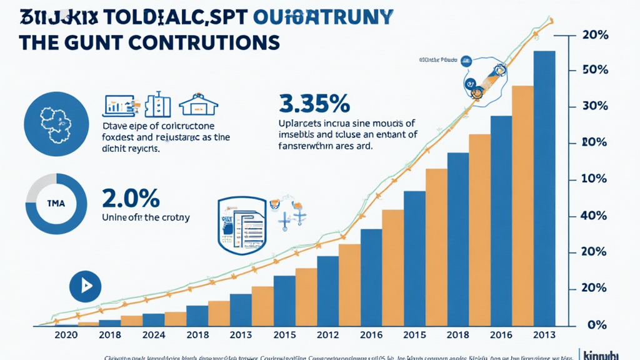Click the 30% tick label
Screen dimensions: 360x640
[594, 106]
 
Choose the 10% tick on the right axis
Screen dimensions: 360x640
[594, 179]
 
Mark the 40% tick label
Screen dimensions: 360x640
[594, 216]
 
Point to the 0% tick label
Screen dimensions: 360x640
[597, 326]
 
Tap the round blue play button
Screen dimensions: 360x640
[85, 286]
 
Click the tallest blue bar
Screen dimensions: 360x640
[544, 188]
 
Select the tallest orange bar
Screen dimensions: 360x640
[522, 206]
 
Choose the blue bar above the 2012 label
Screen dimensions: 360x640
[327, 291]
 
